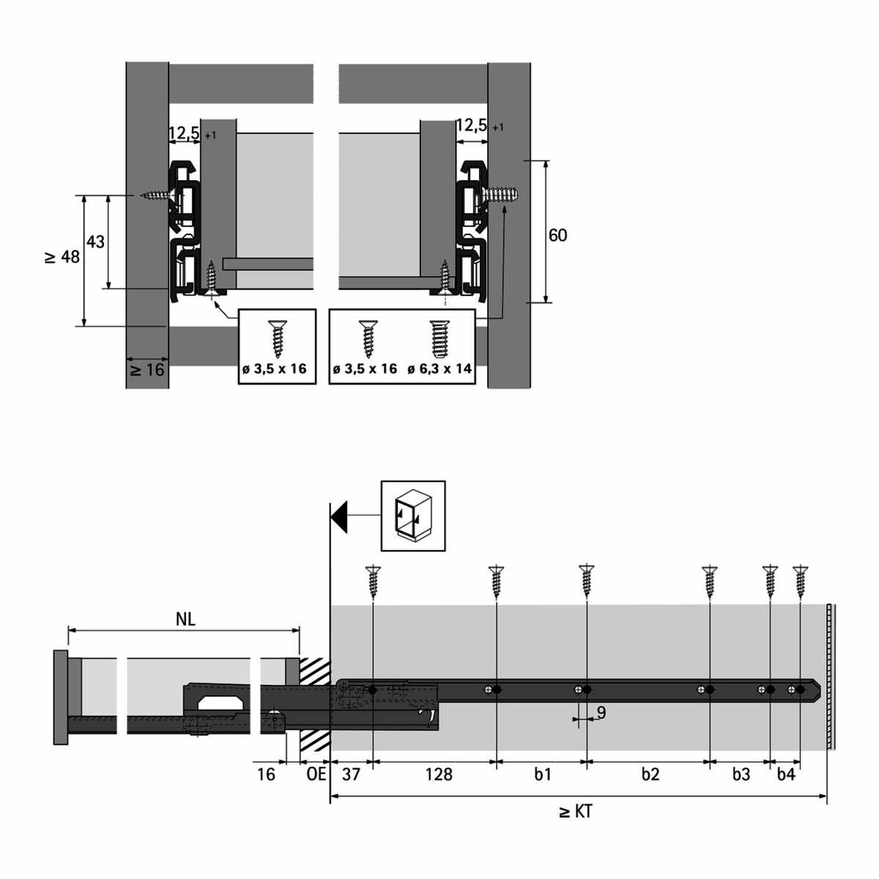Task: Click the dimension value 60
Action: pyautogui.click(x=557, y=235)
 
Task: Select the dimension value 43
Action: pyautogui.click(x=95, y=242)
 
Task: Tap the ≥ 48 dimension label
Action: pyautogui.click(x=62, y=257)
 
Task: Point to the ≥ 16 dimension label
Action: pyautogui.click(x=148, y=369)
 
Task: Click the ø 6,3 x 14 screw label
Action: pyautogui.click(x=439, y=368)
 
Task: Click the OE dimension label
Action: pyautogui.click(x=316, y=774)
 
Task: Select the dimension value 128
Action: pyautogui.click(x=438, y=774)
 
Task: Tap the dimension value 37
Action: pyautogui.click(x=351, y=774)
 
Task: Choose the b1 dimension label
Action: pyautogui.click(x=542, y=774)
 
